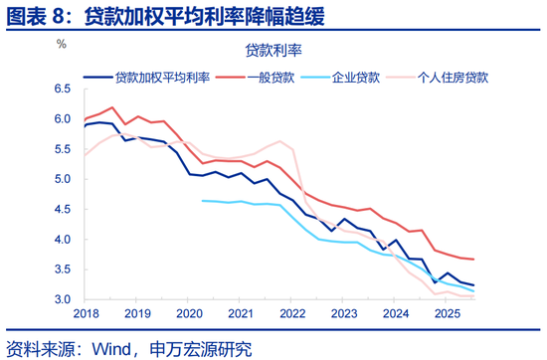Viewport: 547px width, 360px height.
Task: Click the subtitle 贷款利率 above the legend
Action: coord(273,50)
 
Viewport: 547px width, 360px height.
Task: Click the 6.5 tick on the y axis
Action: coord(62,90)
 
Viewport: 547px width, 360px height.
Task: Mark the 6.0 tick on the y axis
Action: coord(62,119)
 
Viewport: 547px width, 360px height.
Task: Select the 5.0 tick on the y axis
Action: coord(62,180)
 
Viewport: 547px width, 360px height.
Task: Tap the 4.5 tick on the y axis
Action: coord(62,210)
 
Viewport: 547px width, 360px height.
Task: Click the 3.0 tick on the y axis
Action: coord(62,299)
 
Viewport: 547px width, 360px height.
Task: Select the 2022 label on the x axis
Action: coord(290,314)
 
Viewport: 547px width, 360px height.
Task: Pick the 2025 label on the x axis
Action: coord(446,314)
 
